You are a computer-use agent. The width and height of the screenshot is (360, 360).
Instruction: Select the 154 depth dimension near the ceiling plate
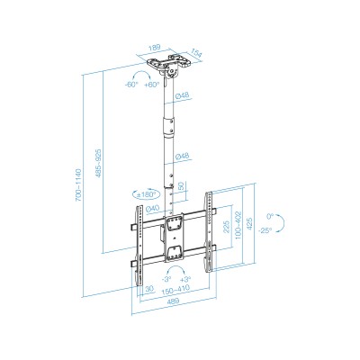196,55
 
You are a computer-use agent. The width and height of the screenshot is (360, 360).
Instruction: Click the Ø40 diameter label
153,211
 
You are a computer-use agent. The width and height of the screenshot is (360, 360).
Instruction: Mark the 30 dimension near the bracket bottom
148,289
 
